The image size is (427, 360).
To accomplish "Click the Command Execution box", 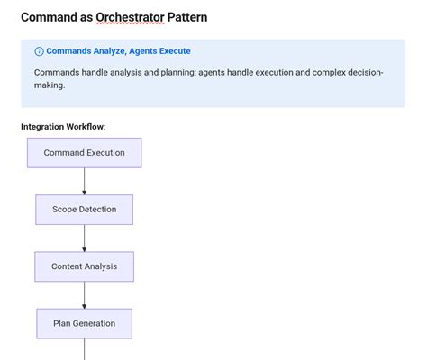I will (x=85, y=153).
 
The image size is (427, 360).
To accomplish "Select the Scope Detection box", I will (x=85, y=210).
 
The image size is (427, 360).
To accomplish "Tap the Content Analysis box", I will (x=85, y=266).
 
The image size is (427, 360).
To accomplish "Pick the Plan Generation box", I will (x=85, y=323).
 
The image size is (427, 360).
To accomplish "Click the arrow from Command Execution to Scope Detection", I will (x=85, y=181).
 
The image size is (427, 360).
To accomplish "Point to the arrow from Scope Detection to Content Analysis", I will (x=85, y=238).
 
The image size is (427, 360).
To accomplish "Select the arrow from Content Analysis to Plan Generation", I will (x=85, y=294).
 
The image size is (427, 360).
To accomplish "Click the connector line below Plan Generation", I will (x=85, y=349).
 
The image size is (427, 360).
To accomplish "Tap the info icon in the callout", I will (x=39, y=51).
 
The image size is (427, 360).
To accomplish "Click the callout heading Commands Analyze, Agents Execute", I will (x=118, y=51).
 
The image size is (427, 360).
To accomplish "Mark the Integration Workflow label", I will (x=63, y=126).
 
